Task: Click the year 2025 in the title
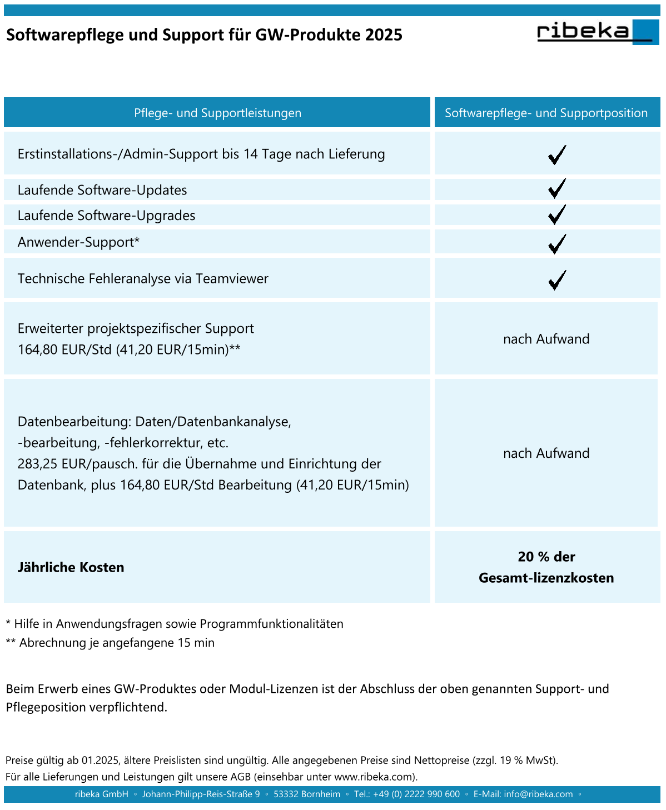click(x=384, y=35)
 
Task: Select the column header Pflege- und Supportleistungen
click(x=217, y=113)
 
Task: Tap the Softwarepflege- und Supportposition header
click(x=546, y=113)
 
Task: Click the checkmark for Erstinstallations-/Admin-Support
click(x=556, y=154)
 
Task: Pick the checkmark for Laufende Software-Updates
click(x=556, y=189)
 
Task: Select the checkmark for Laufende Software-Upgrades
click(x=556, y=214)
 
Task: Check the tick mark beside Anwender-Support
click(x=556, y=243)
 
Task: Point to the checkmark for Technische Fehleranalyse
click(x=556, y=279)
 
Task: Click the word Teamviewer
click(x=232, y=279)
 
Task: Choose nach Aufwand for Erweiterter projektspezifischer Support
click(x=546, y=339)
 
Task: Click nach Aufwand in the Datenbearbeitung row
click(x=546, y=453)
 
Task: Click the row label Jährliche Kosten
click(x=71, y=568)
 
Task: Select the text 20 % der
click(x=546, y=557)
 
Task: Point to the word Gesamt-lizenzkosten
click(x=546, y=578)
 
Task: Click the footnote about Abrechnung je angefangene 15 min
click(x=110, y=643)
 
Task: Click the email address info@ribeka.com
click(x=538, y=794)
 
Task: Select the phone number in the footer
click(x=416, y=794)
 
